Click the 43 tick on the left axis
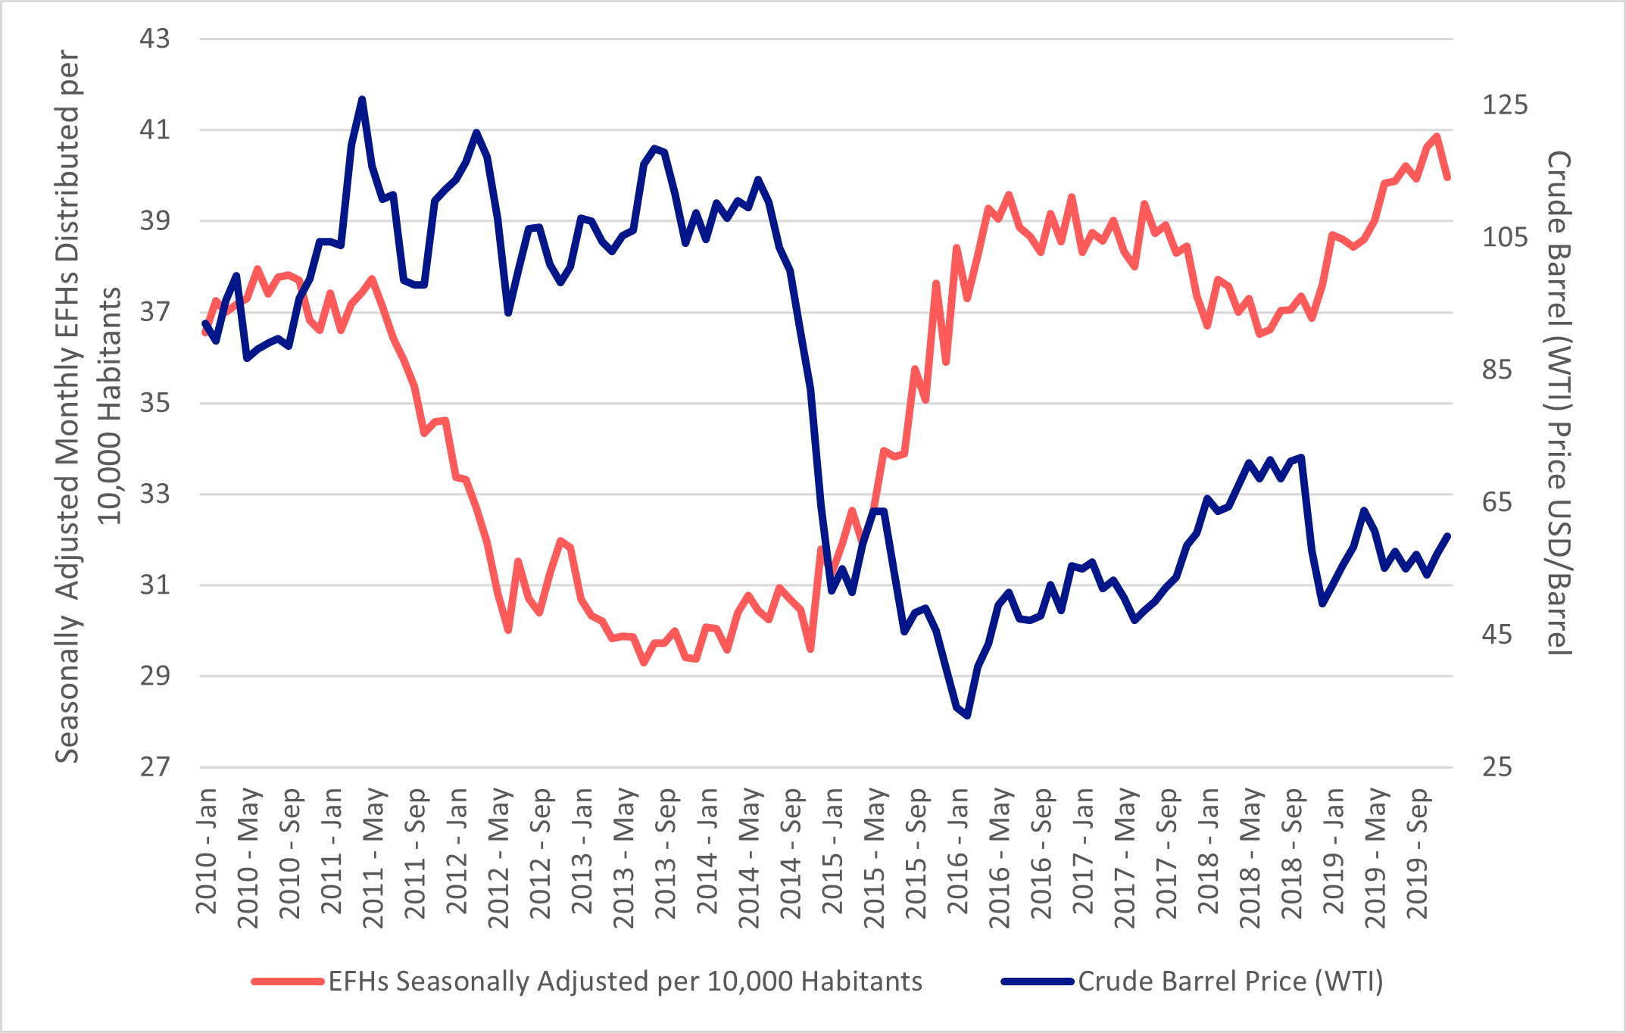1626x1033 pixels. point(154,39)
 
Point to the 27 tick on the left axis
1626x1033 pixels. point(154,767)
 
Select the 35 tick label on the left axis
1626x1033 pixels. point(154,403)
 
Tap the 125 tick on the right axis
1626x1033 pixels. point(1504,105)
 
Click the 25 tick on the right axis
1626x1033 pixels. point(1496,767)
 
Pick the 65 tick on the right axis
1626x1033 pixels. point(1496,502)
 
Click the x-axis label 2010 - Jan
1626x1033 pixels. point(206,851)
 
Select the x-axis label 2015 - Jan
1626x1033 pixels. point(832,851)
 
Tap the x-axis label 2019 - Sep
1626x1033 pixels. point(1417,853)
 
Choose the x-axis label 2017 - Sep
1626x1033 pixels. point(1166,853)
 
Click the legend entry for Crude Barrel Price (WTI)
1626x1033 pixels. point(1230,982)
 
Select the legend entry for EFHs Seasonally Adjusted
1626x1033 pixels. point(625,982)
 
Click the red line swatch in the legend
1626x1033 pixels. point(287,982)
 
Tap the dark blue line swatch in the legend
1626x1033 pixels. point(1037,982)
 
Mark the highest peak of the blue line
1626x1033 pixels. point(362,99)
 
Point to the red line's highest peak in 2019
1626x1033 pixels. point(1437,136)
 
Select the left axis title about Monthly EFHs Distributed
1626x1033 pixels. point(87,405)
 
